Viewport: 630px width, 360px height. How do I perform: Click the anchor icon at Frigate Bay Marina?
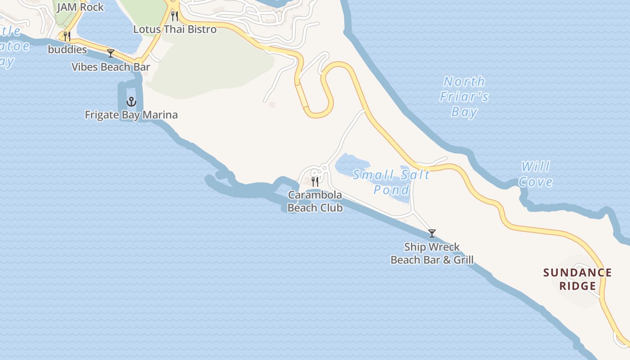pos(131,101)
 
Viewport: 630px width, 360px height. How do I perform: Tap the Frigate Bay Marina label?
pos(131,115)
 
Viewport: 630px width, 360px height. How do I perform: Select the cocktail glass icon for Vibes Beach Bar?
pos(111,54)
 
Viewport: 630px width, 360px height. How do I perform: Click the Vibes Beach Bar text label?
pos(111,67)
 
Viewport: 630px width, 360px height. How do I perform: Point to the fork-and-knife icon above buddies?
pos(67,36)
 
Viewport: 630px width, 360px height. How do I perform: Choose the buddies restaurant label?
pos(67,49)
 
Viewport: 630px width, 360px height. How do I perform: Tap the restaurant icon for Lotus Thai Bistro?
pos(175,16)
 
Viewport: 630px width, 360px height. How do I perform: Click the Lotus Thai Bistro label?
pos(175,30)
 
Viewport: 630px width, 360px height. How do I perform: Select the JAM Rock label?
pos(80,7)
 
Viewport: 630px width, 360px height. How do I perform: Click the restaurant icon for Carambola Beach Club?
pos(315,181)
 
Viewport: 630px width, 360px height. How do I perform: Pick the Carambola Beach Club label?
pos(315,201)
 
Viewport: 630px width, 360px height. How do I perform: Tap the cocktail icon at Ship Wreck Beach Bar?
pos(432,233)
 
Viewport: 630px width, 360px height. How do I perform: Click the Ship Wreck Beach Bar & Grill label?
pos(432,253)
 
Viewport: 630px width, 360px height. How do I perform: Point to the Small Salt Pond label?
pos(391,181)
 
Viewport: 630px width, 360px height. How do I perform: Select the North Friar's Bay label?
pos(464,96)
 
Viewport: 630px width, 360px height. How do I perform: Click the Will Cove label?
pos(535,174)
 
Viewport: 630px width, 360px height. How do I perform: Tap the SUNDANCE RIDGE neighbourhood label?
pos(577,279)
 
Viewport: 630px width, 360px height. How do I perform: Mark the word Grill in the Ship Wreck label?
pos(463,260)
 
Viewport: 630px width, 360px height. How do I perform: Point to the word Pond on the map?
pos(391,189)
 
